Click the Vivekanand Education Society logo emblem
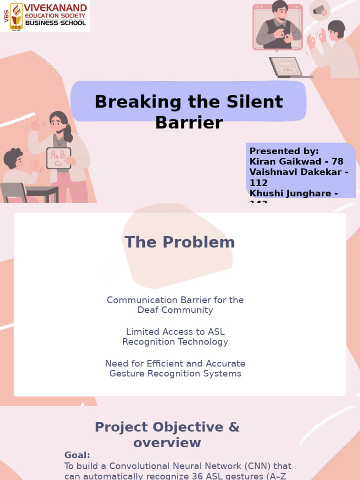17,15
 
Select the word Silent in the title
254,101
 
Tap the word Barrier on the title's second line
189,122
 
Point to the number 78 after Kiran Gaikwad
337,161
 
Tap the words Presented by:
284,151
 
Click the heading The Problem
180,242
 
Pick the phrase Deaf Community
175,310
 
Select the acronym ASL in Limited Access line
216,331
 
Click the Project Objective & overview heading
167,435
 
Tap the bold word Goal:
77,455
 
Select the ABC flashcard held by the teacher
59,158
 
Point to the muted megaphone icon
320,10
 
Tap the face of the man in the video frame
281,11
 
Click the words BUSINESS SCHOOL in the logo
55,22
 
